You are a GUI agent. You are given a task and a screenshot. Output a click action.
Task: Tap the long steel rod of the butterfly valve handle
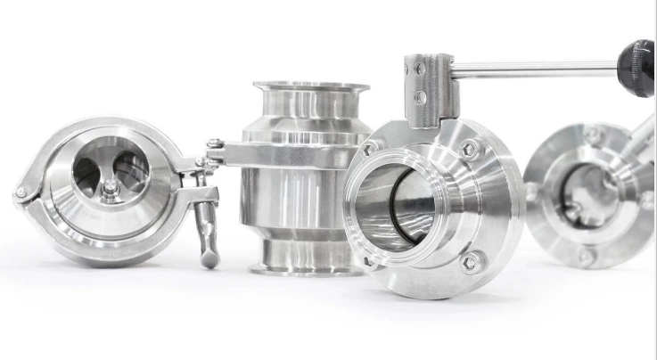535,69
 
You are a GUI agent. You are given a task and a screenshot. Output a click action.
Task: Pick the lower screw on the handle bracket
419,97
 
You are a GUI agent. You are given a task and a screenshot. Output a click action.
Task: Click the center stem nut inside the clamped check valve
109,188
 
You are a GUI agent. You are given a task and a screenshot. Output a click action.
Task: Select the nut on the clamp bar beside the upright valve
215,144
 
